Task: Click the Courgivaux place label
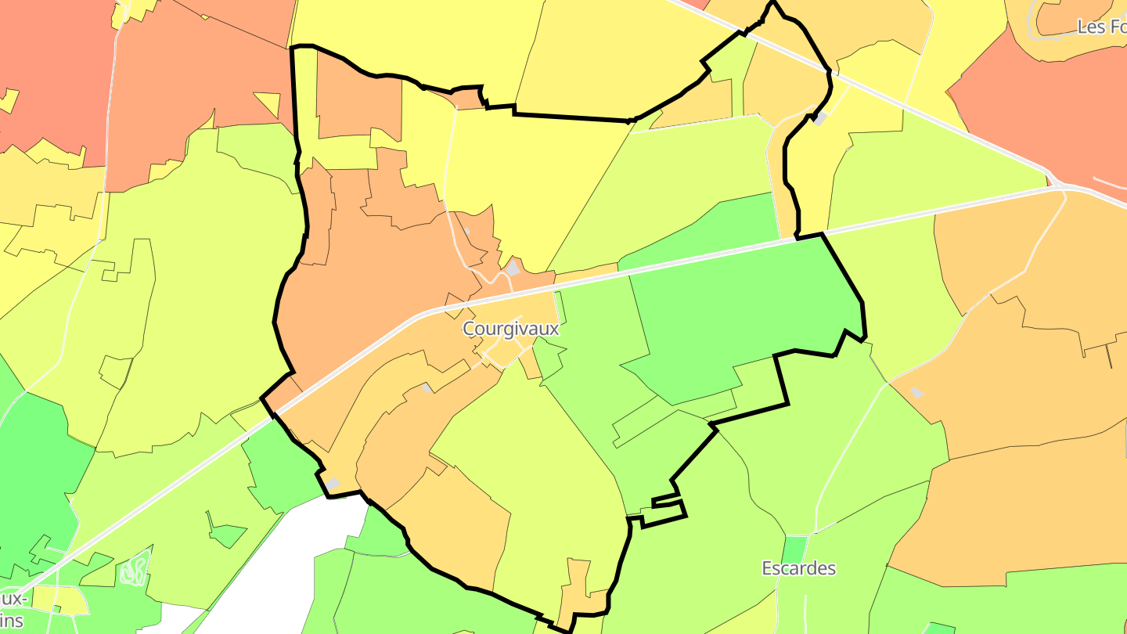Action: tap(510, 329)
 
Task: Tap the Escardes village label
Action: tap(798, 568)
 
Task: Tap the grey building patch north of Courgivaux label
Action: tap(513, 268)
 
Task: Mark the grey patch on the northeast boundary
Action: tap(819, 119)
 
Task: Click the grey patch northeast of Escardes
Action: tap(916, 392)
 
